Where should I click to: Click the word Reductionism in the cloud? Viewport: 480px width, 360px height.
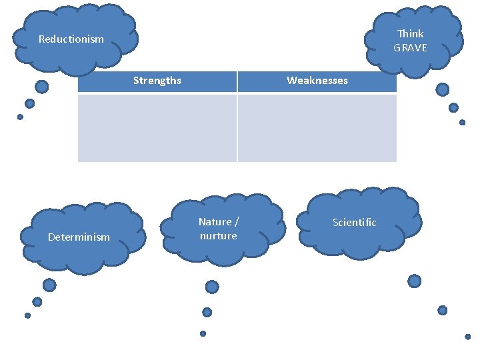[x=71, y=39]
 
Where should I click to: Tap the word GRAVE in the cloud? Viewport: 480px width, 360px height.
[x=410, y=47]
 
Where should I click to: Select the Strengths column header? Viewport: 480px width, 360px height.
[x=157, y=81]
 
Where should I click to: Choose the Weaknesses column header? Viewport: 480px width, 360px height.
[x=317, y=81]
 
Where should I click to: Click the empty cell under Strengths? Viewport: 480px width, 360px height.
[x=157, y=127]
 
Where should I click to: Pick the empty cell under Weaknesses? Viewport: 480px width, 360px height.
[x=317, y=127]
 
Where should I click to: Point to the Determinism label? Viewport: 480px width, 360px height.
[x=79, y=237]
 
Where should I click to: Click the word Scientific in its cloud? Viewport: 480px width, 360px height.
[x=354, y=223]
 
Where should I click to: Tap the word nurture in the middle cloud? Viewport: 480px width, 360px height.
[x=218, y=236]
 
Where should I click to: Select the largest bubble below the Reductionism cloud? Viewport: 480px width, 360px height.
[x=41, y=87]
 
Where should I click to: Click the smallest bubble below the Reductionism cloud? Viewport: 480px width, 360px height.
[x=20, y=117]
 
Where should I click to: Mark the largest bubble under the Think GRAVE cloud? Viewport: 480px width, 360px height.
[x=442, y=89]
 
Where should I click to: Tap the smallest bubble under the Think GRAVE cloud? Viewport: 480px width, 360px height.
[x=462, y=122]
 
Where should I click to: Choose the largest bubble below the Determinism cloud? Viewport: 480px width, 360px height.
[x=49, y=285]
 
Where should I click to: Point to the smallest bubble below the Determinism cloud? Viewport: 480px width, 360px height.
[x=27, y=315]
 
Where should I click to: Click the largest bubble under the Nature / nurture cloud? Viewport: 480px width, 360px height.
[x=212, y=287]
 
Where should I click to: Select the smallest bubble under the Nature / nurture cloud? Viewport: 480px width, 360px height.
[x=203, y=333]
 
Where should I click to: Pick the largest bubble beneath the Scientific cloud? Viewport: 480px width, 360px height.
[x=414, y=281]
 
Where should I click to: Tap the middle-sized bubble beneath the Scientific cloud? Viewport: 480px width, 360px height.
[x=442, y=310]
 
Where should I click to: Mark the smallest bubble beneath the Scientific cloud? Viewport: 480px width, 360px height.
[x=467, y=337]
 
